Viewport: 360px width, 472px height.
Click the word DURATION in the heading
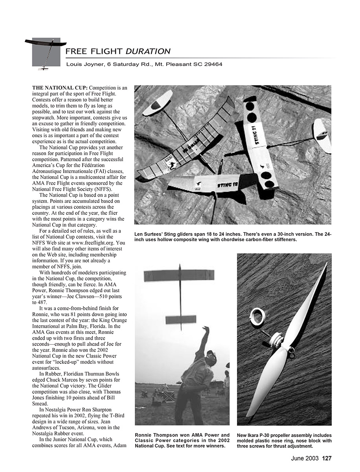click(x=148, y=51)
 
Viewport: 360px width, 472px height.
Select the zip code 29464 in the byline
click(x=214, y=64)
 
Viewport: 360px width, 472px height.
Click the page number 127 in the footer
click(x=327, y=458)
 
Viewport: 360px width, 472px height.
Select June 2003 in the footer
click(x=305, y=458)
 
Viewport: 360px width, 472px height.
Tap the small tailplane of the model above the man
click(x=181, y=319)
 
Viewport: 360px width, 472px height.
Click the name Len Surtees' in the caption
click(x=149, y=234)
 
